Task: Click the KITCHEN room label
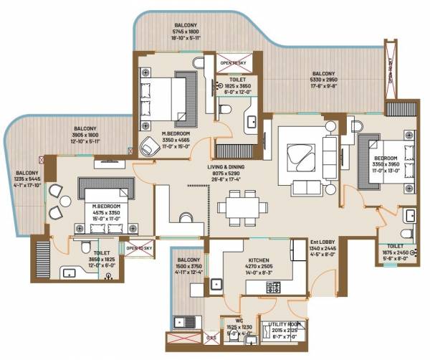click(x=259, y=262)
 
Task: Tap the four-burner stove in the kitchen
click(x=274, y=287)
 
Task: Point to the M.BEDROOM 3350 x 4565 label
click(x=175, y=137)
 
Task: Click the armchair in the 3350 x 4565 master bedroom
click(x=150, y=146)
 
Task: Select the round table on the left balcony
click(x=65, y=202)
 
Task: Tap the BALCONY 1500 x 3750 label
click(x=188, y=265)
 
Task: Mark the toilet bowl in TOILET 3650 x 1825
click(x=85, y=247)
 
